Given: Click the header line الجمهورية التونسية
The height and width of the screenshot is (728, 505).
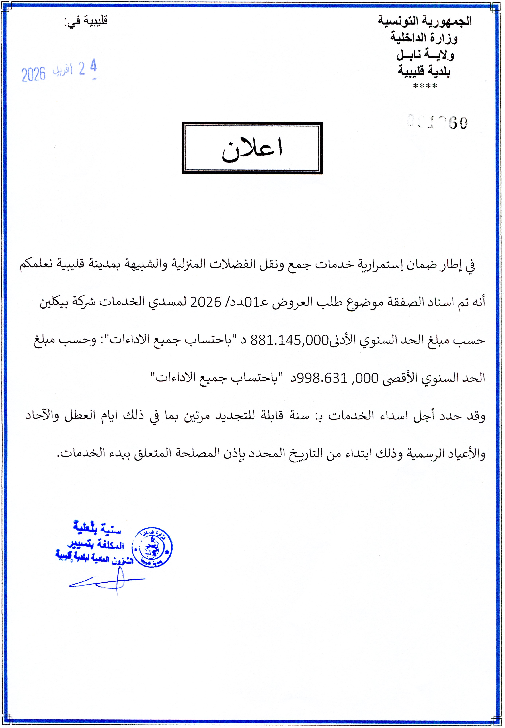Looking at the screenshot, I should [425, 21].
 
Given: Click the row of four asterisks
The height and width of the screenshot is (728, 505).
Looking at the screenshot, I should [425, 86].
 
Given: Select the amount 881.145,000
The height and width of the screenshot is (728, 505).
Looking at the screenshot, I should [290, 340].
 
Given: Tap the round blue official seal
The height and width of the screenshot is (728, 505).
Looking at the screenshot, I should [152, 547].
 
